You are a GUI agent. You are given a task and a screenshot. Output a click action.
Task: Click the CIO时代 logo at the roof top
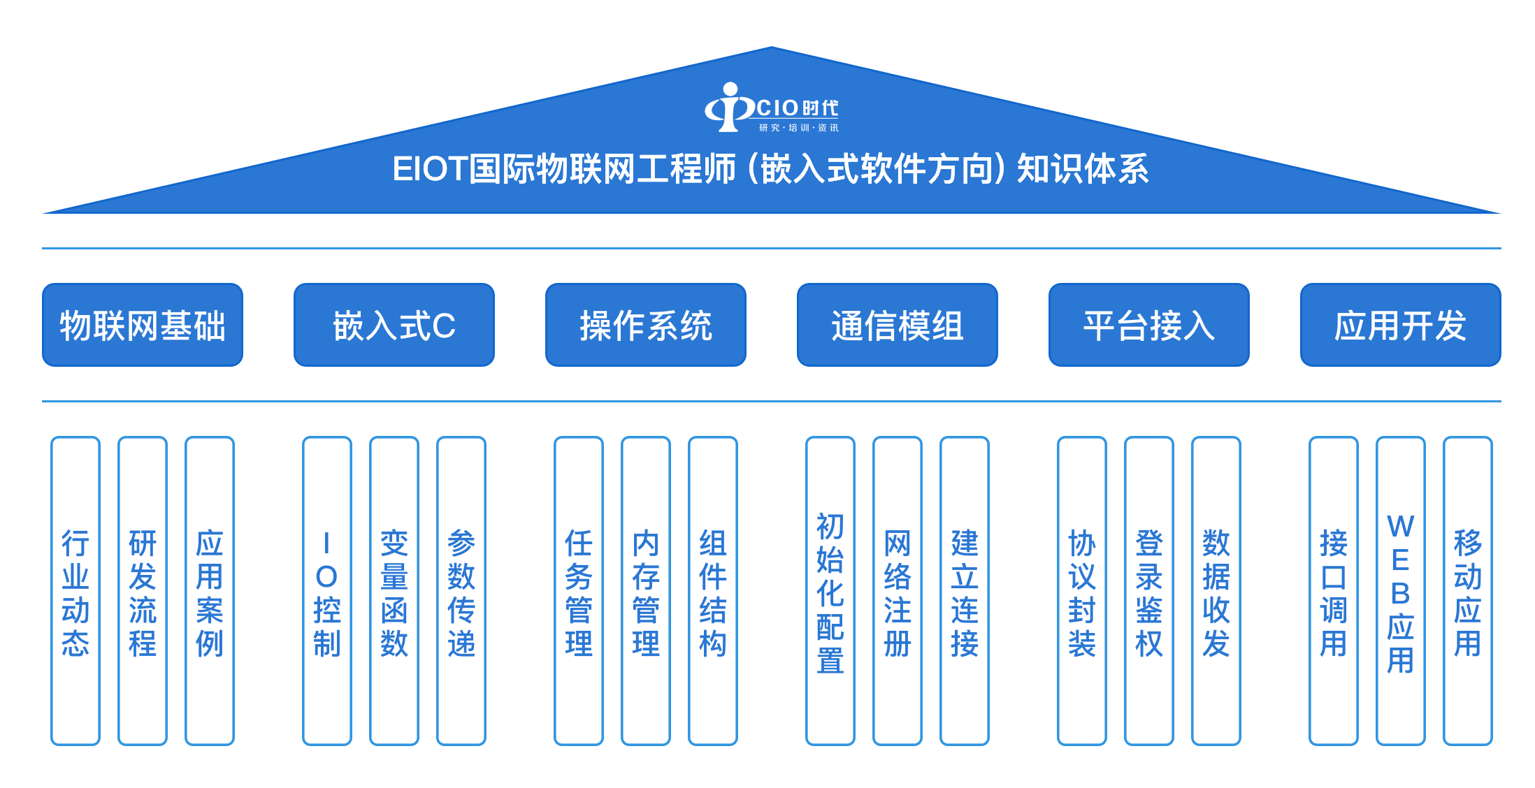[771, 108]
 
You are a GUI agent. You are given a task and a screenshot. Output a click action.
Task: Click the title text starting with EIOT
[770, 169]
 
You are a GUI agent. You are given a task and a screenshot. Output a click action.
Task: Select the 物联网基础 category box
[143, 325]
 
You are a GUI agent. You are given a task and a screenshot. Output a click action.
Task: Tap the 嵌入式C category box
[394, 325]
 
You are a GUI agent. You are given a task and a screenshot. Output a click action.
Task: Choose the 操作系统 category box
[646, 325]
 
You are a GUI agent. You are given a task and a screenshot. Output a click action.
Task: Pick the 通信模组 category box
[898, 325]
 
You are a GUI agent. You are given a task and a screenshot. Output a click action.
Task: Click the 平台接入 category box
[1149, 325]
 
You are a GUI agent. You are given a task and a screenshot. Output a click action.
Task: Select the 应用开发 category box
[1401, 325]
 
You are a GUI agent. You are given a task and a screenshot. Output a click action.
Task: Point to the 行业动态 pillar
[75, 591]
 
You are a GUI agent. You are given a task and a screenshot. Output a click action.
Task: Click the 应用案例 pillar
[210, 591]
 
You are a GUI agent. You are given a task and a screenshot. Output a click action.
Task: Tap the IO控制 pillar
[327, 591]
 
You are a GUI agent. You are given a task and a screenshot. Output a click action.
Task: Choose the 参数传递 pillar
[461, 591]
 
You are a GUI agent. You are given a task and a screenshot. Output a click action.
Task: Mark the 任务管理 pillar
[579, 591]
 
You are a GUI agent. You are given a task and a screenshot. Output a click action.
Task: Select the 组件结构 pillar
[713, 591]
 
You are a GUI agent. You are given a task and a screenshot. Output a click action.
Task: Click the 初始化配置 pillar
[830, 591]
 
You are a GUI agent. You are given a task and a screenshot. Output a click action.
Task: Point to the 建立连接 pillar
[965, 591]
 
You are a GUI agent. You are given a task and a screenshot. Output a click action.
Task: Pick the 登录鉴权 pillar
[1149, 591]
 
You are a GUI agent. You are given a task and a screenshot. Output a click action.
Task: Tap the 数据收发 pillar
[1216, 591]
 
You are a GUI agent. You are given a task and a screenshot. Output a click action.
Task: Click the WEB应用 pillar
[1401, 591]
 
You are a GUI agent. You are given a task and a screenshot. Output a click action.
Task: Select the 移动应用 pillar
[1468, 591]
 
